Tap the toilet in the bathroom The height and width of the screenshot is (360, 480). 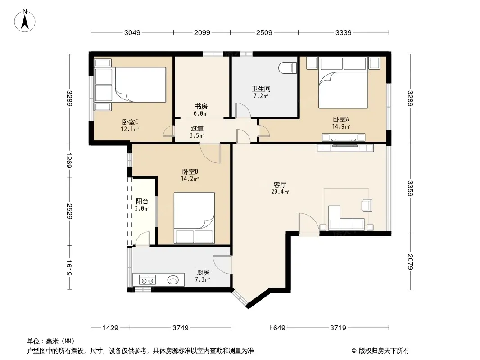tap(288, 68)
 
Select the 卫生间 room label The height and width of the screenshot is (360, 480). tap(261, 89)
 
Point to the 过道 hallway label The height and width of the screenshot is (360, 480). tap(197, 128)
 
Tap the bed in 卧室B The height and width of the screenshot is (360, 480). tap(194, 217)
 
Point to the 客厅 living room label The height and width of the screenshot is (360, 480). tap(280, 184)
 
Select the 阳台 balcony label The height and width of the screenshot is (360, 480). tap(142, 202)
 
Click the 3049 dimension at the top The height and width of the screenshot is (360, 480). tap(132, 32)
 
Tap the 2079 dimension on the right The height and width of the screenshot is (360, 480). tap(411, 261)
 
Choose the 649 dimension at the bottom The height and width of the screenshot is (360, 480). tap(279, 328)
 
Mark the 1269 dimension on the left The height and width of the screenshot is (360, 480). tap(69, 160)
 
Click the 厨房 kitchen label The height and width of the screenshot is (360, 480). tap(203, 272)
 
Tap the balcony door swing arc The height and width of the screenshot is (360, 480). tap(143, 238)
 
